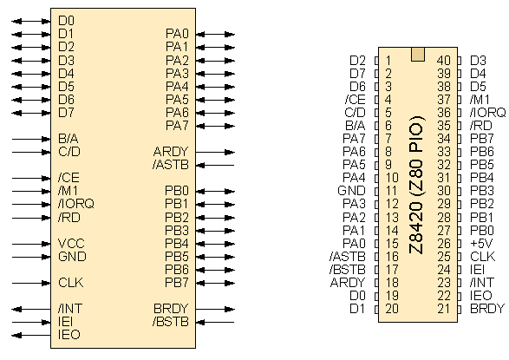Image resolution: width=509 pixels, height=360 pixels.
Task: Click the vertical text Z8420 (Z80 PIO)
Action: pyautogui.click(x=416, y=185)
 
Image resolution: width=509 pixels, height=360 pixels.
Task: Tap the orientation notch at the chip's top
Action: pyautogui.click(x=418, y=54)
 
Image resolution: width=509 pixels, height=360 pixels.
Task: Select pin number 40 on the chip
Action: pyautogui.click(x=444, y=61)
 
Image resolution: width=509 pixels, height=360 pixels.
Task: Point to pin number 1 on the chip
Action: pyautogui.click(x=388, y=61)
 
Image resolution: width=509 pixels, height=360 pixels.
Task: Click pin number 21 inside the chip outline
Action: pyautogui.click(x=444, y=309)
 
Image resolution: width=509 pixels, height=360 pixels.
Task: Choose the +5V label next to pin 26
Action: pyautogui.click(x=481, y=243)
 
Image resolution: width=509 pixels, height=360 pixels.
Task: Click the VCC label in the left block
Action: pyautogui.click(x=71, y=243)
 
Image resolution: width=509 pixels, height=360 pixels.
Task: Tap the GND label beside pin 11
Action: pyautogui.click(x=351, y=191)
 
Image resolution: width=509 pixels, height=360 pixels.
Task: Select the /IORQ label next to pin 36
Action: pyautogui.click(x=487, y=112)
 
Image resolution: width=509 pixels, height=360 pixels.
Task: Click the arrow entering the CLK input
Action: pyautogui.click(x=31, y=283)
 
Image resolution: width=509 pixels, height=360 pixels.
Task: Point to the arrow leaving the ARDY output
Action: pyautogui.click(x=215, y=152)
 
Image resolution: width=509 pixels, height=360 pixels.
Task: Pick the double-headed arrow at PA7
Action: pyautogui.click(x=215, y=126)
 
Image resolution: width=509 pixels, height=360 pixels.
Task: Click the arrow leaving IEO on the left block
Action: pyautogui.click(x=31, y=336)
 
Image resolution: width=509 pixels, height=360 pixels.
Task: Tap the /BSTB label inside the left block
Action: pyautogui.click(x=171, y=321)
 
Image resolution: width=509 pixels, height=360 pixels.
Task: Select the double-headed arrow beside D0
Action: pyautogui.click(x=31, y=22)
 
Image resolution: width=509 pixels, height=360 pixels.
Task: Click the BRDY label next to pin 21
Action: pyautogui.click(x=487, y=309)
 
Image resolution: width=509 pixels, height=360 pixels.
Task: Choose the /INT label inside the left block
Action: pyautogui.click(x=70, y=309)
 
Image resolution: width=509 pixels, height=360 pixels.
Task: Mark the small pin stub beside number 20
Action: pyautogui.click(x=376, y=309)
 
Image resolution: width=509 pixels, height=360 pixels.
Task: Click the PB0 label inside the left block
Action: pyautogui.click(x=177, y=191)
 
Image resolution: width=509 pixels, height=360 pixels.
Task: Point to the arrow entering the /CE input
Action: pyautogui.click(x=31, y=178)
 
